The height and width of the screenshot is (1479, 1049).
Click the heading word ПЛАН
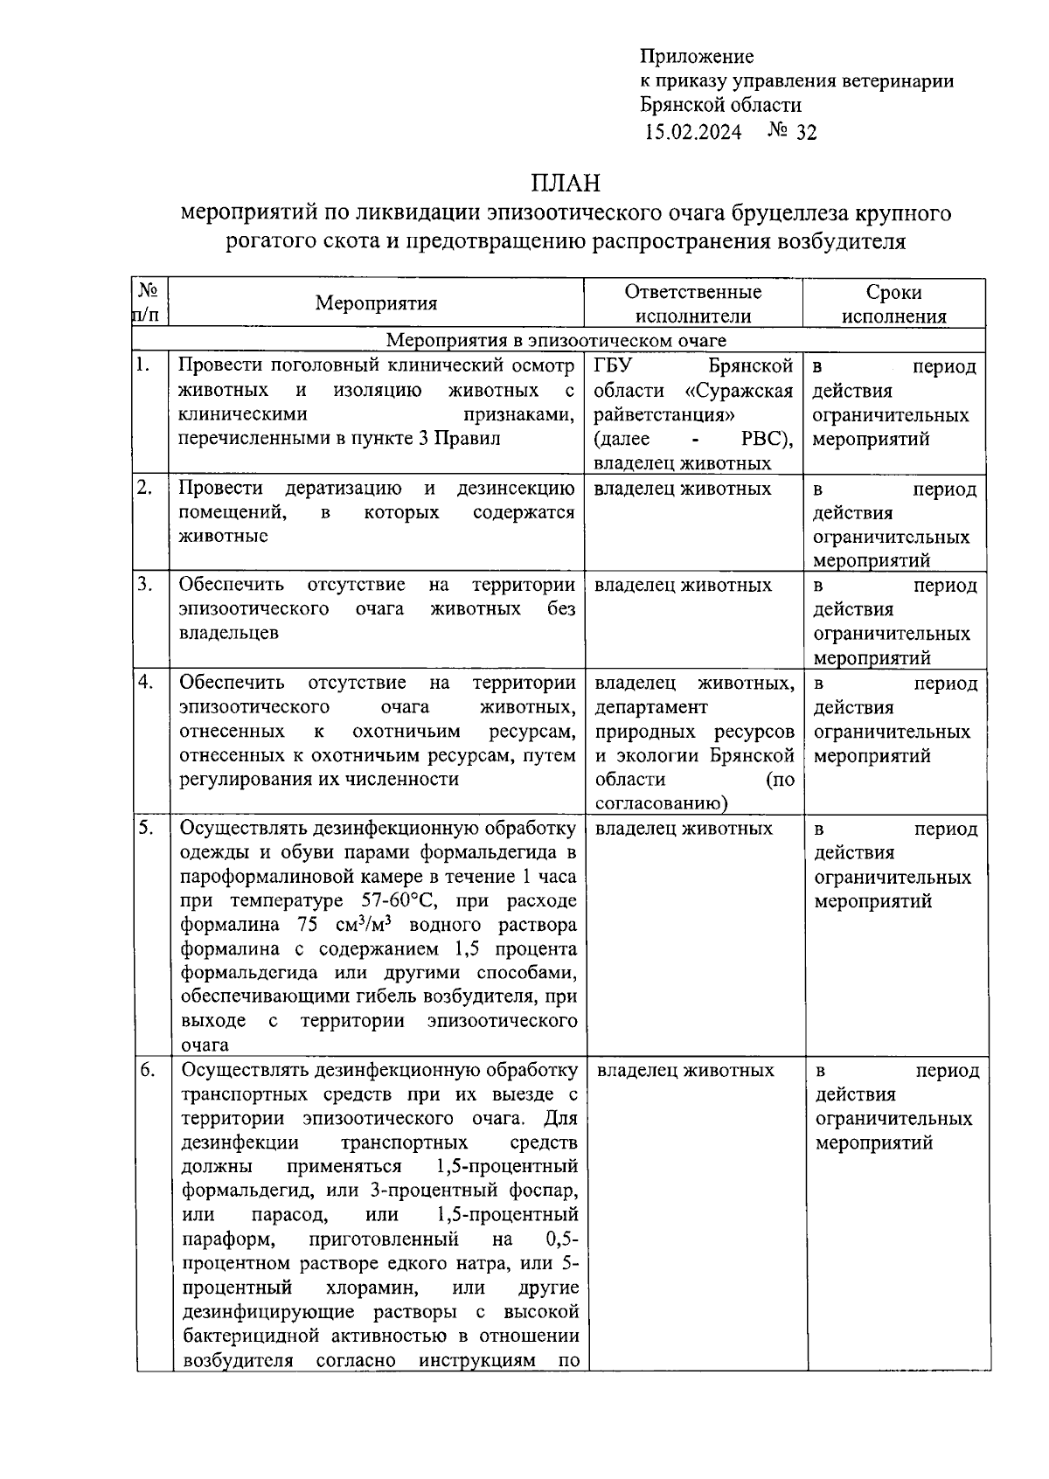click(566, 184)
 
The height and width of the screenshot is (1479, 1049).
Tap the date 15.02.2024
click(693, 132)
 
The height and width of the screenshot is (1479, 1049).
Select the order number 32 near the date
click(806, 132)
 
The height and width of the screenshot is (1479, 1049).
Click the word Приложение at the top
click(696, 57)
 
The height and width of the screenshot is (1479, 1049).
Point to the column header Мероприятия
click(376, 303)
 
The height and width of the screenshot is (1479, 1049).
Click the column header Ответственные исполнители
click(693, 303)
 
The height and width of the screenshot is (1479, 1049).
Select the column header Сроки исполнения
click(893, 303)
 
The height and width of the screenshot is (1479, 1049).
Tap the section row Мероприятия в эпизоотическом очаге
click(556, 340)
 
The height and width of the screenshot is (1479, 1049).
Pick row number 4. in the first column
click(145, 683)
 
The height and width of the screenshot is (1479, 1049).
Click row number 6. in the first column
click(146, 1070)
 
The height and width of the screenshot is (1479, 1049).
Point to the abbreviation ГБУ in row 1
click(611, 365)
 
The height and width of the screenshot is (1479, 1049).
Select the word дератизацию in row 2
click(343, 488)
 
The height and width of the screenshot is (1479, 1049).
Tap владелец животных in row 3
click(683, 585)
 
